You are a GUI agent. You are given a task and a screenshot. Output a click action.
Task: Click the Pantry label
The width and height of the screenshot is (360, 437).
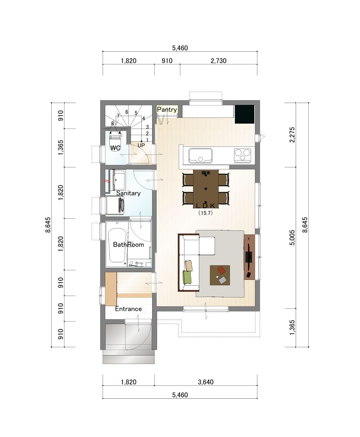[x=167, y=109]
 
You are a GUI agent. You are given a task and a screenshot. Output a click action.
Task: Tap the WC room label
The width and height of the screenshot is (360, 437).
[x=115, y=148]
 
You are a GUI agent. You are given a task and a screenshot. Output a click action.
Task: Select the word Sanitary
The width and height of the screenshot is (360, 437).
[x=128, y=193]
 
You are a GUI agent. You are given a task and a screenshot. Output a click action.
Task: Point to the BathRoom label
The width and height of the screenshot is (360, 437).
[x=128, y=244]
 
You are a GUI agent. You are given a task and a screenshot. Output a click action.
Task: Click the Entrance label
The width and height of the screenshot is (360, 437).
[x=128, y=309]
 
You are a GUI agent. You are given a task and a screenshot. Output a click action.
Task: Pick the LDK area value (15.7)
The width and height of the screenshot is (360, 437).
[x=206, y=212]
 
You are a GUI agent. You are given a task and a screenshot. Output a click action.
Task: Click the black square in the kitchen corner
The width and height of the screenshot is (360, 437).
[x=245, y=114]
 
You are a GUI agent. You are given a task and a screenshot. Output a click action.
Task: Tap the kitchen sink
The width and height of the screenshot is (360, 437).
[x=200, y=156]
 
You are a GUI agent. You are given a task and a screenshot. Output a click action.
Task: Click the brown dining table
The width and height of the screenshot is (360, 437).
[x=206, y=189]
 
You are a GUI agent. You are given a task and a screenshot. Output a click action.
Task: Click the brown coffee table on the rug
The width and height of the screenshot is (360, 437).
[x=220, y=275]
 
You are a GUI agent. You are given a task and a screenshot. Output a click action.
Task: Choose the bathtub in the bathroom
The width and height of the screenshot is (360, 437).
[x=117, y=246]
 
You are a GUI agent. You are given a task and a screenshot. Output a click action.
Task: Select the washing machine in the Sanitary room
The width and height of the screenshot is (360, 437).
[x=115, y=205]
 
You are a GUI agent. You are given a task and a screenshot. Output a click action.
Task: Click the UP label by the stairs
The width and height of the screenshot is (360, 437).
[x=141, y=145]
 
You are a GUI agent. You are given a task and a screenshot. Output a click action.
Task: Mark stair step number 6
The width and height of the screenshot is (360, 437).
[x=126, y=112]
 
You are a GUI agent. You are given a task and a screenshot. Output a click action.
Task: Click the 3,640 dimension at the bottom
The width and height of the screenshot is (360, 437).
[x=206, y=382]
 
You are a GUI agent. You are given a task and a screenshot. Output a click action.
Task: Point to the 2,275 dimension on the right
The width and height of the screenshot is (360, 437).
[x=292, y=135]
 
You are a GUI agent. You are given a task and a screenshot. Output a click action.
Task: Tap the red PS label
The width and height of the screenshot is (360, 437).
[x=107, y=181]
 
